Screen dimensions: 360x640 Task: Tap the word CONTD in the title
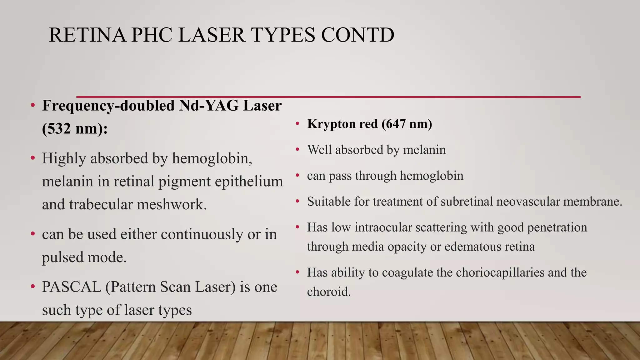pyautogui.click(x=357, y=35)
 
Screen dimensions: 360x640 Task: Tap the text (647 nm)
pyautogui.click(x=407, y=124)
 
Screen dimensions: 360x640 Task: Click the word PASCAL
pyautogui.click(x=72, y=287)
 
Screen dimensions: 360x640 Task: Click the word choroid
pyautogui.click(x=328, y=292)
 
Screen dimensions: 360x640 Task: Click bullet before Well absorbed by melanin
pyautogui.click(x=297, y=150)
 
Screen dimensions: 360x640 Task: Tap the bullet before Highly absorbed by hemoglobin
pyautogui.click(x=32, y=158)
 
